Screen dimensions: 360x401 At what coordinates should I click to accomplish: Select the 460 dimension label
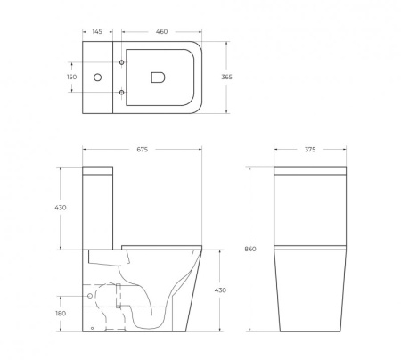(x=161, y=32)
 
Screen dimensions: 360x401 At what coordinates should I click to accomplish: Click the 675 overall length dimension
(x=143, y=150)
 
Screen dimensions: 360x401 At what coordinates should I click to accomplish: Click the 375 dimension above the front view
(x=309, y=150)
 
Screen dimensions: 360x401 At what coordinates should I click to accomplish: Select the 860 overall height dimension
(x=251, y=249)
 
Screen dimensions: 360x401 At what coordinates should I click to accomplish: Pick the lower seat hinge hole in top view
(x=122, y=93)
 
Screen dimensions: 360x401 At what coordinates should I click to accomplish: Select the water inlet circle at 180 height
(x=91, y=294)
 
